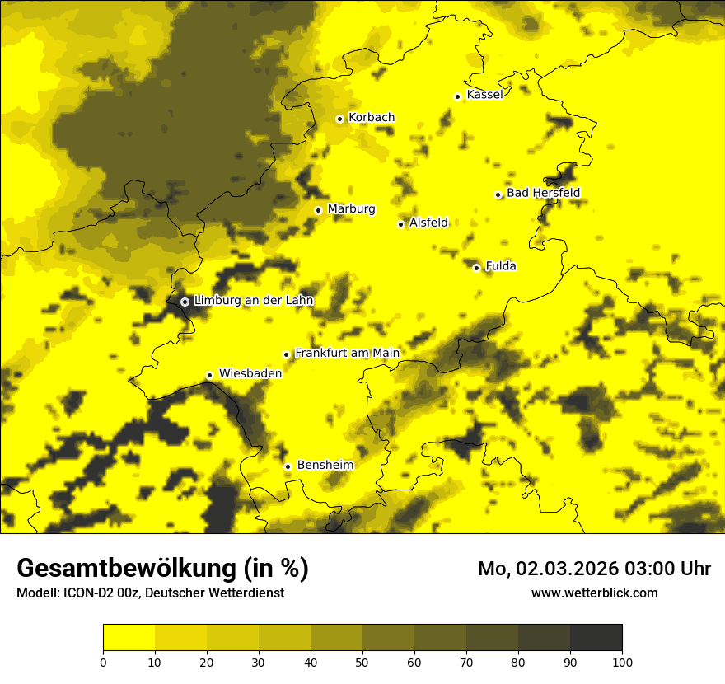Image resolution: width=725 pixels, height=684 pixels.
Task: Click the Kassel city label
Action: (x=484, y=95)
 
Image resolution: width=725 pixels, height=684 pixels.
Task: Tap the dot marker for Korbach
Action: (x=339, y=119)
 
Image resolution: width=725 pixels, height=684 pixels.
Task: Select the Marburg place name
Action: (x=351, y=209)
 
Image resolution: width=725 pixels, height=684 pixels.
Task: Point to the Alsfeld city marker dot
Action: (x=401, y=224)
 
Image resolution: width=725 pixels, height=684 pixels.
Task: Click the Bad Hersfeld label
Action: (x=543, y=193)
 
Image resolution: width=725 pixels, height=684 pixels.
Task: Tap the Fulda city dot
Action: (x=476, y=267)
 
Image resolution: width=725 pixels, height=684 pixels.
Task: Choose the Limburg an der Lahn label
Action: (x=253, y=301)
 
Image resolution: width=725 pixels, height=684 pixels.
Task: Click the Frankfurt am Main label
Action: (x=347, y=354)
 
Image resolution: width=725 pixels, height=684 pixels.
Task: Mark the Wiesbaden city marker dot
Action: (x=209, y=375)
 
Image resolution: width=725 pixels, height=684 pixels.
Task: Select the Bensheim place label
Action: (x=325, y=466)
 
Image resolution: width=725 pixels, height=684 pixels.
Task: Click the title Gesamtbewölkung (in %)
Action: (x=162, y=569)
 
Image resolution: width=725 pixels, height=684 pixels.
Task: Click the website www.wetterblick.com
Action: (x=594, y=593)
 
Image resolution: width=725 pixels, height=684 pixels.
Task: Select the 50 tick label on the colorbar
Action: (x=362, y=662)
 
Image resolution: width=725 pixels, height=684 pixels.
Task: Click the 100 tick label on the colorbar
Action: (x=622, y=662)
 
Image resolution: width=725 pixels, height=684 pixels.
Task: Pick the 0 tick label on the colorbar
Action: (x=103, y=662)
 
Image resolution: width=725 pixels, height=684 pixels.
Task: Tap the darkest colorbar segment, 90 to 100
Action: (x=596, y=638)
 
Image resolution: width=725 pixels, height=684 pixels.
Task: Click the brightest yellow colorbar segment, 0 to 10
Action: (x=129, y=638)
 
